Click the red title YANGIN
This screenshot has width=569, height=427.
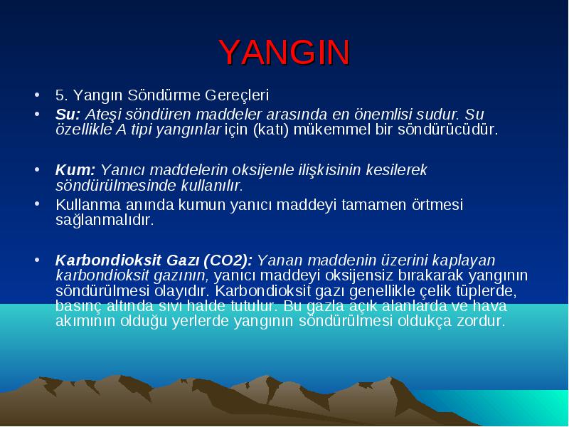point(284,52)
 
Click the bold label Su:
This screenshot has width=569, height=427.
point(68,115)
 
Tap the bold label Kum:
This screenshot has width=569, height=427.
point(75,169)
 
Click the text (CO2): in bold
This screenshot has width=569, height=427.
point(228,260)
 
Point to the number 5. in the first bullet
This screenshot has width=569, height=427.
point(62,95)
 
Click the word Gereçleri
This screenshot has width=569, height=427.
point(237,95)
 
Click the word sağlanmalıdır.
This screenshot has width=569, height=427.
point(105,220)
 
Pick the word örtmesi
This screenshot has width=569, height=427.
point(437,204)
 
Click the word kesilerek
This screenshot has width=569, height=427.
point(397,169)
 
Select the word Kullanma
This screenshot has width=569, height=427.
point(88,204)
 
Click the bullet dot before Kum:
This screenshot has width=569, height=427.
point(37,169)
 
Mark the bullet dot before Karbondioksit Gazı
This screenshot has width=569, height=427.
point(37,260)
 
